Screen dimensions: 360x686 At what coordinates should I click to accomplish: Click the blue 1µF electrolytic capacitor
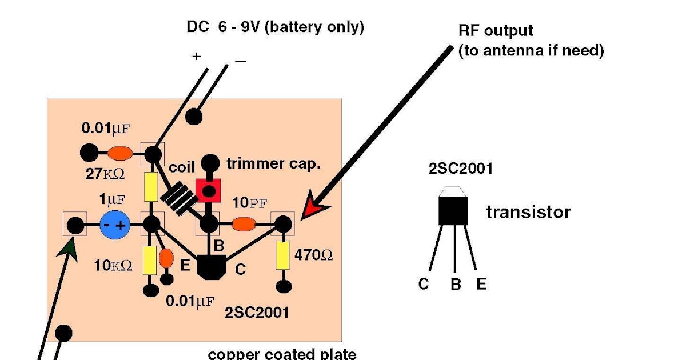tap(114, 225)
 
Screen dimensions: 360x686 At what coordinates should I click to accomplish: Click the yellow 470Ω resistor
tap(282, 255)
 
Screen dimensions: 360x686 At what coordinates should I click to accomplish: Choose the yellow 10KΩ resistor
tap(150, 260)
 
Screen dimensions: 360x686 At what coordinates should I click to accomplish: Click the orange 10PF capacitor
tap(244, 225)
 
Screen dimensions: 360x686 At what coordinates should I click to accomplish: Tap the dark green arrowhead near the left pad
tap(69, 247)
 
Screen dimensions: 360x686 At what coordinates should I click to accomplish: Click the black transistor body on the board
tap(212, 266)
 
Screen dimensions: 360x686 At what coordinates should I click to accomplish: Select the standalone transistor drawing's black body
tap(453, 210)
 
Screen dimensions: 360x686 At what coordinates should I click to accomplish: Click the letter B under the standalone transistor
tap(456, 285)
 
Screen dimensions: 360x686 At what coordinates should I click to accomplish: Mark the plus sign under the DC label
tap(196, 57)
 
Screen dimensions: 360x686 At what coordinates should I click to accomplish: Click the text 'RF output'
tap(496, 31)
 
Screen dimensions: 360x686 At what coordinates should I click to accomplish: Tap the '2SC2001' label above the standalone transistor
tap(460, 169)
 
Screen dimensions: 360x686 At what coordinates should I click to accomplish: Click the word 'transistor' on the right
tap(528, 213)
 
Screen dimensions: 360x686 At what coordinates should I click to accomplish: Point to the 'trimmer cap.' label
tap(273, 164)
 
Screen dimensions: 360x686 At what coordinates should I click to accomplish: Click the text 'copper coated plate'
tap(282, 354)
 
